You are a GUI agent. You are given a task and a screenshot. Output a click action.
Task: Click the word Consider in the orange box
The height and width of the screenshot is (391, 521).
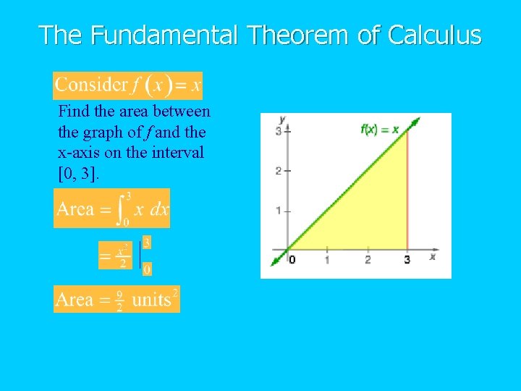click(x=90, y=85)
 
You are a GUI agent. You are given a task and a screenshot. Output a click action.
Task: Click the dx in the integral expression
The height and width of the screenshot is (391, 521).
click(x=158, y=210)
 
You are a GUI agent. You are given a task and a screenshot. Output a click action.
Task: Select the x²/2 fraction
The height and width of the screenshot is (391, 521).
click(x=122, y=256)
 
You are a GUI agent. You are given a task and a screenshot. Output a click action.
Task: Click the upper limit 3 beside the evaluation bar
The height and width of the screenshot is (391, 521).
click(x=147, y=243)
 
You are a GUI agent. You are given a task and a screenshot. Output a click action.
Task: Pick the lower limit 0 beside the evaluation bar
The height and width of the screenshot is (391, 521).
click(x=147, y=269)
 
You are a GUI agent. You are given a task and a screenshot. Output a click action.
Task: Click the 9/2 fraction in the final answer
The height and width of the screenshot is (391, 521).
click(x=119, y=300)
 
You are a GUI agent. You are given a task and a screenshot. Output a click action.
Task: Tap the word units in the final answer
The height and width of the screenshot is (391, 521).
click(x=151, y=300)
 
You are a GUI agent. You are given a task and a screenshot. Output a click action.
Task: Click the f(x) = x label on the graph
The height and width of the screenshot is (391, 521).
click(x=379, y=130)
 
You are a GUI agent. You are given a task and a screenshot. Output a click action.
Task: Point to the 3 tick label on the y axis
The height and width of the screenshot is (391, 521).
click(x=279, y=131)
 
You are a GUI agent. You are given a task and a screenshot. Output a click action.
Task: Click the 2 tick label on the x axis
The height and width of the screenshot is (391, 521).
click(x=368, y=260)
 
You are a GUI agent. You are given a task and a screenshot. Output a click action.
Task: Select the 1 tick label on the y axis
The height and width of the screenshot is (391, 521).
click(x=279, y=211)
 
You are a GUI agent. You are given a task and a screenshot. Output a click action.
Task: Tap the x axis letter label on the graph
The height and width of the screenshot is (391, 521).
click(x=432, y=256)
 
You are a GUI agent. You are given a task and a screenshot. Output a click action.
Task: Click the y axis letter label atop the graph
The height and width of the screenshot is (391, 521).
click(x=281, y=118)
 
